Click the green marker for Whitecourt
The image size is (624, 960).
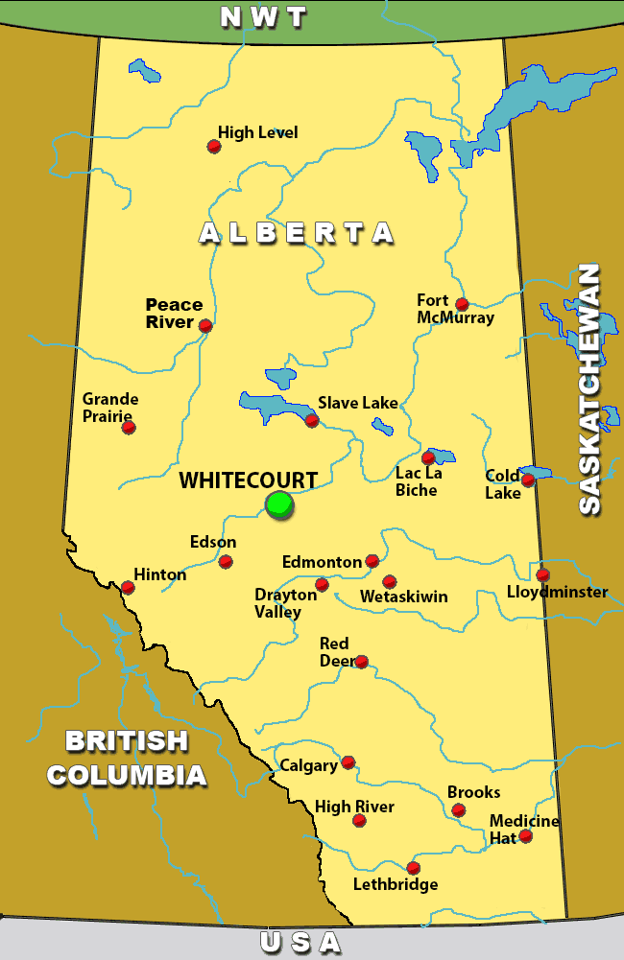279,503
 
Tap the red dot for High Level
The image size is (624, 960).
214,147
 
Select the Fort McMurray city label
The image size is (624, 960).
455,309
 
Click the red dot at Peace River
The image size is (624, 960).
205,326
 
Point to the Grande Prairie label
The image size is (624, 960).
109,407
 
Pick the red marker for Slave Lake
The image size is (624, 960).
312,420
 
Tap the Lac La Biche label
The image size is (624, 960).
417,481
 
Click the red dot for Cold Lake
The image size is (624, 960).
527,480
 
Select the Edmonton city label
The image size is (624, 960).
322,562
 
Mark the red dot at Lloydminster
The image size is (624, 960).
542,574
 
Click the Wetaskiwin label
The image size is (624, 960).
403,597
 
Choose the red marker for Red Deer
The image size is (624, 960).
361,662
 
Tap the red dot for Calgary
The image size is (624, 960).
348,762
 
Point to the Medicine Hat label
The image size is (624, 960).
524,829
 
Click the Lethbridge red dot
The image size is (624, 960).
413,868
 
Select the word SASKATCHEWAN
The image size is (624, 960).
589,388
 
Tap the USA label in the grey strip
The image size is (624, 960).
300,943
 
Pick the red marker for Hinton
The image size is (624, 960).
128,587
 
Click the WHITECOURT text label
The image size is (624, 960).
249,480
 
